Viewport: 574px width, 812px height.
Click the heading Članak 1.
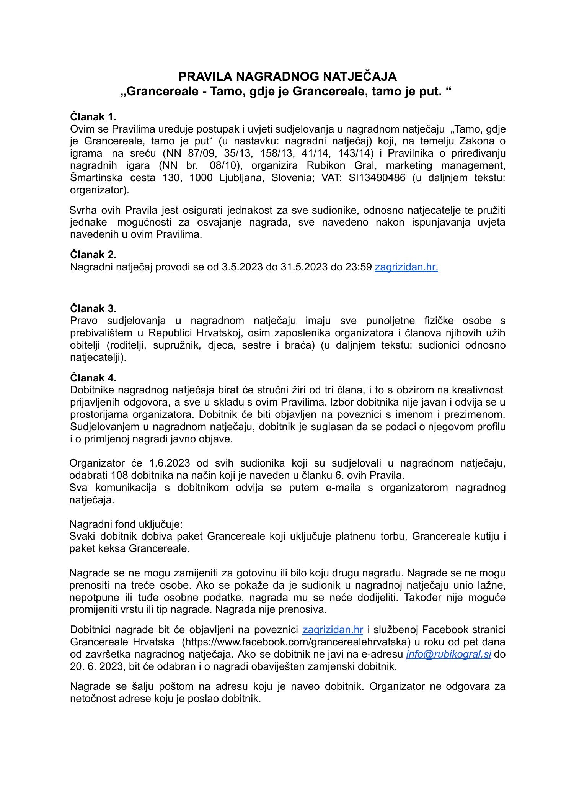[x=93, y=116]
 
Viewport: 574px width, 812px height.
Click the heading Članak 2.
[x=93, y=254]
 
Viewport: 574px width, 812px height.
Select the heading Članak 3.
[x=93, y=308]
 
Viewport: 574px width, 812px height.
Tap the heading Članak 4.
[x=93, y=378]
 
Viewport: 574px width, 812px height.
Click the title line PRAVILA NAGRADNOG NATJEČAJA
[x=287, y=77]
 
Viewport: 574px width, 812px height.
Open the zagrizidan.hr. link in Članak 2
[x=406, y=267]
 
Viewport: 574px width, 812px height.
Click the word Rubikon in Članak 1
[x=326, y=165]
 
